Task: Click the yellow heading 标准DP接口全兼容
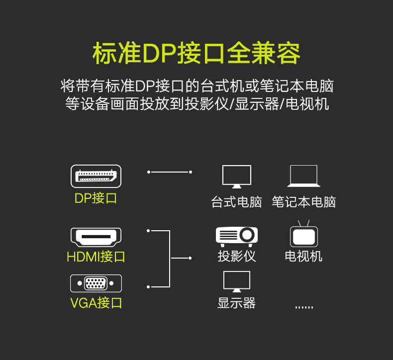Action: coord(196,54)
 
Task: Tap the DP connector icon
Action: coord(96,176)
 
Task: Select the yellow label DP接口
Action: coord(96,198)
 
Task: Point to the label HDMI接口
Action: coord(96,257)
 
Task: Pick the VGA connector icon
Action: coord(96,283)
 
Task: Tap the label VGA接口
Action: coord(96,303)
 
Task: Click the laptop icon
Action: coord(303,176)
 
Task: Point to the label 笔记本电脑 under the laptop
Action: coord(303,202)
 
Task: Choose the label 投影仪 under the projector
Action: coord(236,257)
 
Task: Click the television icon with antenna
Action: coord(303,235)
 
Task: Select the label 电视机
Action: coord(303,257)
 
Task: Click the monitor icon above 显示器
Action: coord(236,281)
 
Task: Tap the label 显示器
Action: coord(236,303)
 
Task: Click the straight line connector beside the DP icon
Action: coord(170,172)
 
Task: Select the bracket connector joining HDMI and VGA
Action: coord(170,258)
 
